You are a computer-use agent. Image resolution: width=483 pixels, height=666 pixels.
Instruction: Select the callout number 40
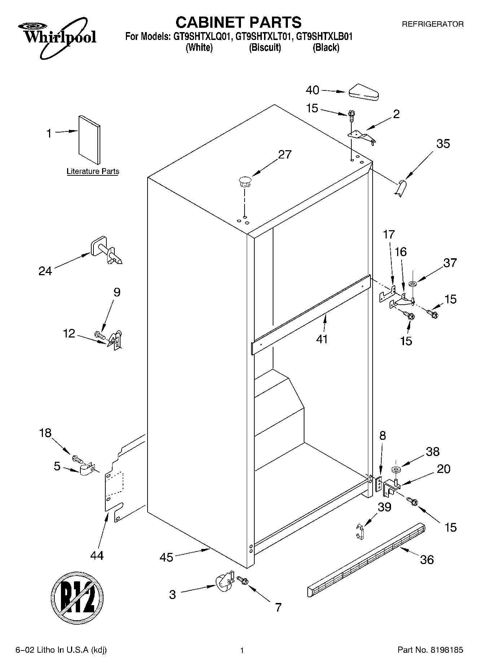[312, 90]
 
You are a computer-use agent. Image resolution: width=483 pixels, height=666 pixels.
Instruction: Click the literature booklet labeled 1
[89, 140]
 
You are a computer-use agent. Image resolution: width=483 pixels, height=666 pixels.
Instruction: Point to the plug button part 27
[244, 181]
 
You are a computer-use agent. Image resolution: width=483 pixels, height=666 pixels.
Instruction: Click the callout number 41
[322, 339]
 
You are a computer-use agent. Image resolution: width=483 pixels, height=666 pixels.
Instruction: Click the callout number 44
[97, 555]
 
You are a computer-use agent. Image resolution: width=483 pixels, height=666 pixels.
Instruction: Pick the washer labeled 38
[396, 470]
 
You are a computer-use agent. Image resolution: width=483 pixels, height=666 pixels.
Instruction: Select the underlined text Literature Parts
[93, 171]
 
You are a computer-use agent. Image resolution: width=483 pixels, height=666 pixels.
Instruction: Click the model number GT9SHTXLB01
[324, 36]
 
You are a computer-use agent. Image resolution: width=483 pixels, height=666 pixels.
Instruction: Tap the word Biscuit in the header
[265, 48]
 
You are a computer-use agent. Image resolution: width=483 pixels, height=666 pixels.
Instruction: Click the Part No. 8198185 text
[430, 650]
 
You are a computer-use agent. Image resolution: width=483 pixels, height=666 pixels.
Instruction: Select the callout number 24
[45, 271]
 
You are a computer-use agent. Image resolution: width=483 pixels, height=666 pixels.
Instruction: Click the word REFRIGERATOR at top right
[432, 24]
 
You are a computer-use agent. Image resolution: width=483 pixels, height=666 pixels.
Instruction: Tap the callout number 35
[443, 144]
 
